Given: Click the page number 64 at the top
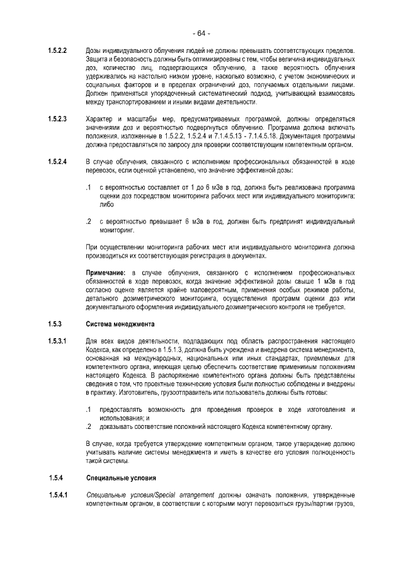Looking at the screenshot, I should click(x=201, y=33).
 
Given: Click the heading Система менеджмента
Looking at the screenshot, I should click(x=120, y=324).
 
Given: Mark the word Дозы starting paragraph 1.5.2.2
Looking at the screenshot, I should click(x=95, y=50).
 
